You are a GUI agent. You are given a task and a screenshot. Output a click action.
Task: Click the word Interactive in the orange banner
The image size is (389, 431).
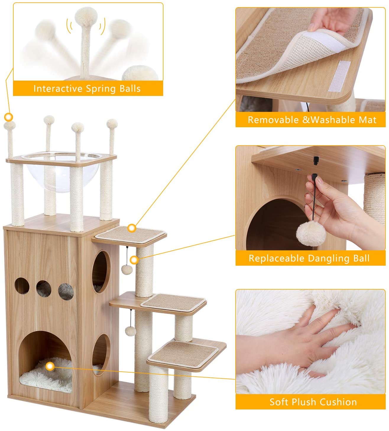(x=58, y=89)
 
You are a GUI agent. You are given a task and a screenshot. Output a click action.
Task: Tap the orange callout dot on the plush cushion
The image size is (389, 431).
(x=50, y=366)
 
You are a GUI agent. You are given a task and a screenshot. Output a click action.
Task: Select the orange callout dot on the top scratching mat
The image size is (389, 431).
(x=132, y=228)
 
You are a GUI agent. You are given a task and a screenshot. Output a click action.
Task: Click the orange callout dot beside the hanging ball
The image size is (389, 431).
(x=134, y=260)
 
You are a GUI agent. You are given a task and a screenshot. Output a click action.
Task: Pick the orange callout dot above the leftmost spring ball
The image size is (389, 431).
(x=9, y=117)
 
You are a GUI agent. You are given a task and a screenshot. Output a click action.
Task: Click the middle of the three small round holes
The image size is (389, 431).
(x=44, y=288)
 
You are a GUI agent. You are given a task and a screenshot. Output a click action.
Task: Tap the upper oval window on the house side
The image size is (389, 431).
(x=101, y=272)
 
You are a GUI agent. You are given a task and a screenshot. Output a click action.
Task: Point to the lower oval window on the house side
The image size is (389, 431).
(x=101, y=355)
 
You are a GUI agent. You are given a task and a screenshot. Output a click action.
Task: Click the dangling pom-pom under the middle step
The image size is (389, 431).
(x=131, y=331)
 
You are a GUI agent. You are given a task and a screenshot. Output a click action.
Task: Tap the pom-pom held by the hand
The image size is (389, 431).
(x=311, y=234)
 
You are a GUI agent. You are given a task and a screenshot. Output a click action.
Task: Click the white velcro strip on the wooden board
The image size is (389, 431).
(x=339, y=76)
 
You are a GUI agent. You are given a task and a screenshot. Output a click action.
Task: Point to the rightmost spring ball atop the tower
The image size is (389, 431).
(x=112, y=124)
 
